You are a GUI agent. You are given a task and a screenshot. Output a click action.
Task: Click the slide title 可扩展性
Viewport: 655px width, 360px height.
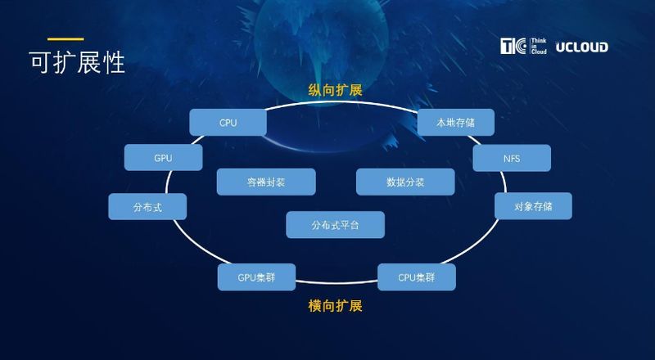pyautogui.click(x=77, y=62)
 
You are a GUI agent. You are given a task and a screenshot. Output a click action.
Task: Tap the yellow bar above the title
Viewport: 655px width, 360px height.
pyautogui.click(x=65, y=38)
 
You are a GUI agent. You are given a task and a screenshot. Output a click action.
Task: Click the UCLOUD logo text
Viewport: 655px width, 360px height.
pyautogui.click(x=581, y=47)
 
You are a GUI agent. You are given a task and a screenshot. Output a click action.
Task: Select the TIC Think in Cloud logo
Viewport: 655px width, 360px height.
pyautogui.click(x=523, y=47)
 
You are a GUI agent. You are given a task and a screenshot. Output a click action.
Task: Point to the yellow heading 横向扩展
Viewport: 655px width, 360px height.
pyautogui.click(x=335, y=306)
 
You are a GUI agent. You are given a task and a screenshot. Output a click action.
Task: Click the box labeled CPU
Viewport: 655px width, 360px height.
pyautogui.click(x=228, y=123)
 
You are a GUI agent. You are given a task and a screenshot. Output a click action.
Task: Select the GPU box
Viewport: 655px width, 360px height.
pyautogui.click(x=163, y=157)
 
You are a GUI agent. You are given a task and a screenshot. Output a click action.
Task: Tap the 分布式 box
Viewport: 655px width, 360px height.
pyautogui.click(x=147, y=207)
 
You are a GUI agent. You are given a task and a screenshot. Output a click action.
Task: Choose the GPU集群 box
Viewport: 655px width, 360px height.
pyautogui.click(x=256, y=277)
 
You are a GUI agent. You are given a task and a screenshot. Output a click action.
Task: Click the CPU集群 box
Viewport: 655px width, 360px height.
pyautogui.click(x=416, y=277)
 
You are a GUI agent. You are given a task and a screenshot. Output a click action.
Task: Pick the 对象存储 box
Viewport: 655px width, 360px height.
pyautogui.click(x=533, y=206)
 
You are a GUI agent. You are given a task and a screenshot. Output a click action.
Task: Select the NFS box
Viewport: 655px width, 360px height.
pyautogui.click(x=512, y=157)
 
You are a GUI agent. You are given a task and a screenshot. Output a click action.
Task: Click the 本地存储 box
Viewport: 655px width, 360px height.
pyautogui.click(x=455, y=123)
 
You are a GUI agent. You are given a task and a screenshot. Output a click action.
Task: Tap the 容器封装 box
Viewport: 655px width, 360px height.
pyautogui.click(x=265, y=182)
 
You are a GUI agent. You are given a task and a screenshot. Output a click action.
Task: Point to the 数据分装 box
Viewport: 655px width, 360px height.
pyautogui.click(x=404, y=182)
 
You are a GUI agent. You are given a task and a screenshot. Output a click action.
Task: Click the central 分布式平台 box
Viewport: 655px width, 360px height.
pyautogui.click(x=335, y=224)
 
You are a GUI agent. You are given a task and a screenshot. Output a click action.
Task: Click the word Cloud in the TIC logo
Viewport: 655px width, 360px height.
pyautogui.click(x=538, y=53)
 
